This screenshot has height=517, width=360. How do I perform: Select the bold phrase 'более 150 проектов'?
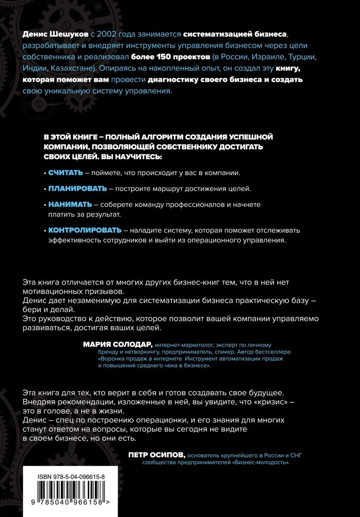pos(163,57)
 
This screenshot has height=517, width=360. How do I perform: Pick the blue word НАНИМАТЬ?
pos(70,204)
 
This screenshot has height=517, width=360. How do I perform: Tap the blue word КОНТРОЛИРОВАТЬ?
pos(84,230)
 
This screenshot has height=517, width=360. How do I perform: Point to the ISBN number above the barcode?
pos(71,477)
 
